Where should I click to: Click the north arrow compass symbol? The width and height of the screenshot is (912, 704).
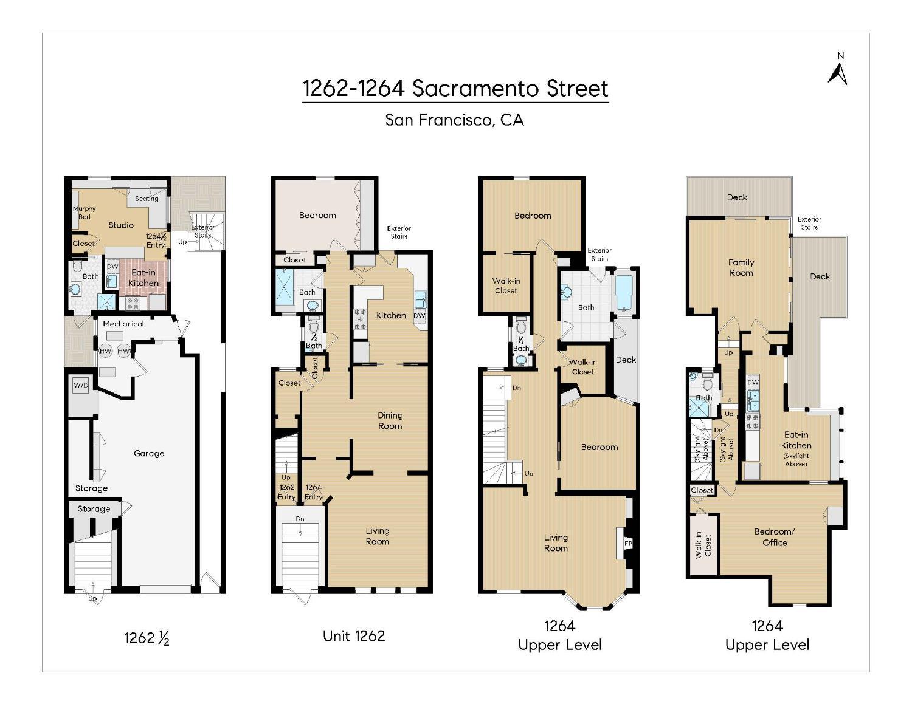[x=838, y=70]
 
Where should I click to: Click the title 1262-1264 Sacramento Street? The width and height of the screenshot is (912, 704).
[x=455, y=89]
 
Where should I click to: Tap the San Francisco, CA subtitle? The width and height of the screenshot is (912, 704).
[x=454, y=120]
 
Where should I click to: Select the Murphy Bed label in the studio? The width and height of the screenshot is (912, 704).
[x=85, y=213]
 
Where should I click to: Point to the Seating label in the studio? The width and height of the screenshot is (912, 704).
[x=147, y=199]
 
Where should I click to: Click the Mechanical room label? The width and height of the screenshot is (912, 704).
[x=123, y=324]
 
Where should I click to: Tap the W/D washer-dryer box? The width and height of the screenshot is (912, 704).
[x=81, y=386]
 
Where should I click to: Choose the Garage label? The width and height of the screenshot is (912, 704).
[x=149, y=453]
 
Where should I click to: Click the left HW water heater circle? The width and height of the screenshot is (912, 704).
[x=106, y=351]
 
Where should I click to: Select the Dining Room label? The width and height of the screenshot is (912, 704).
[x=390, y=420]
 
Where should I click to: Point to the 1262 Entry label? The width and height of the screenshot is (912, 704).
[x=286, y=491]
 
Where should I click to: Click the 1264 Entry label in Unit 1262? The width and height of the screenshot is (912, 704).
[x=313, y=491]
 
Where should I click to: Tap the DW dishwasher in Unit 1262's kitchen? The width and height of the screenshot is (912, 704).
[x=420, y=316]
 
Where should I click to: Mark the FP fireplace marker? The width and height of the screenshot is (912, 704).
[x=629, y=543]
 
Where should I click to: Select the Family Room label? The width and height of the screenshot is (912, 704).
[x=741, y=267]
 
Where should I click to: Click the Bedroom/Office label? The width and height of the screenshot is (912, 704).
[x=775, y=537]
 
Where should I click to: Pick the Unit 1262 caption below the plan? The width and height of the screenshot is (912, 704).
[x=354, y=636]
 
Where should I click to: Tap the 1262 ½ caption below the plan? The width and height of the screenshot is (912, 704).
[x=147, y=638]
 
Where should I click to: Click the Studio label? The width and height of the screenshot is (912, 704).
[x=121, y=225]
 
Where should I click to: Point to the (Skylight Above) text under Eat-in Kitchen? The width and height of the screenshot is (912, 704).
[x=796, y=460]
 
